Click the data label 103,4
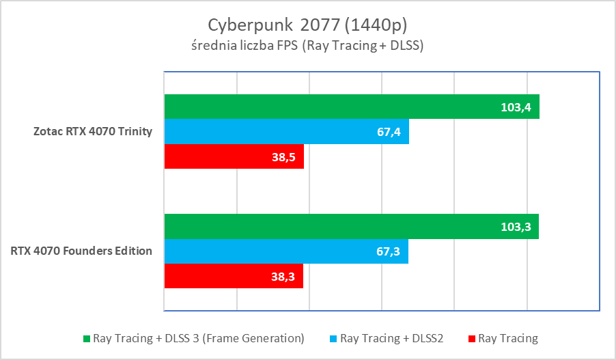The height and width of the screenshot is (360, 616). coord(517,107)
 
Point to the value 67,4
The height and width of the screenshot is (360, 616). coord(389,131)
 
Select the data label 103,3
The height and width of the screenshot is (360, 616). coord(517,226)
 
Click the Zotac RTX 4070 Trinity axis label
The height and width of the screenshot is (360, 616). coord(94,131)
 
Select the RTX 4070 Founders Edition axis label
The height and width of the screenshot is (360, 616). coord(81,251)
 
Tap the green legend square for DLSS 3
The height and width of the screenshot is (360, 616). coord(86,338)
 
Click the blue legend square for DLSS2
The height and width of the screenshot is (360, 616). coord(333,338)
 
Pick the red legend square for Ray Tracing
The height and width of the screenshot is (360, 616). coord(472,338)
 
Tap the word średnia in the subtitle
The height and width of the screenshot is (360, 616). coord(212,46)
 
